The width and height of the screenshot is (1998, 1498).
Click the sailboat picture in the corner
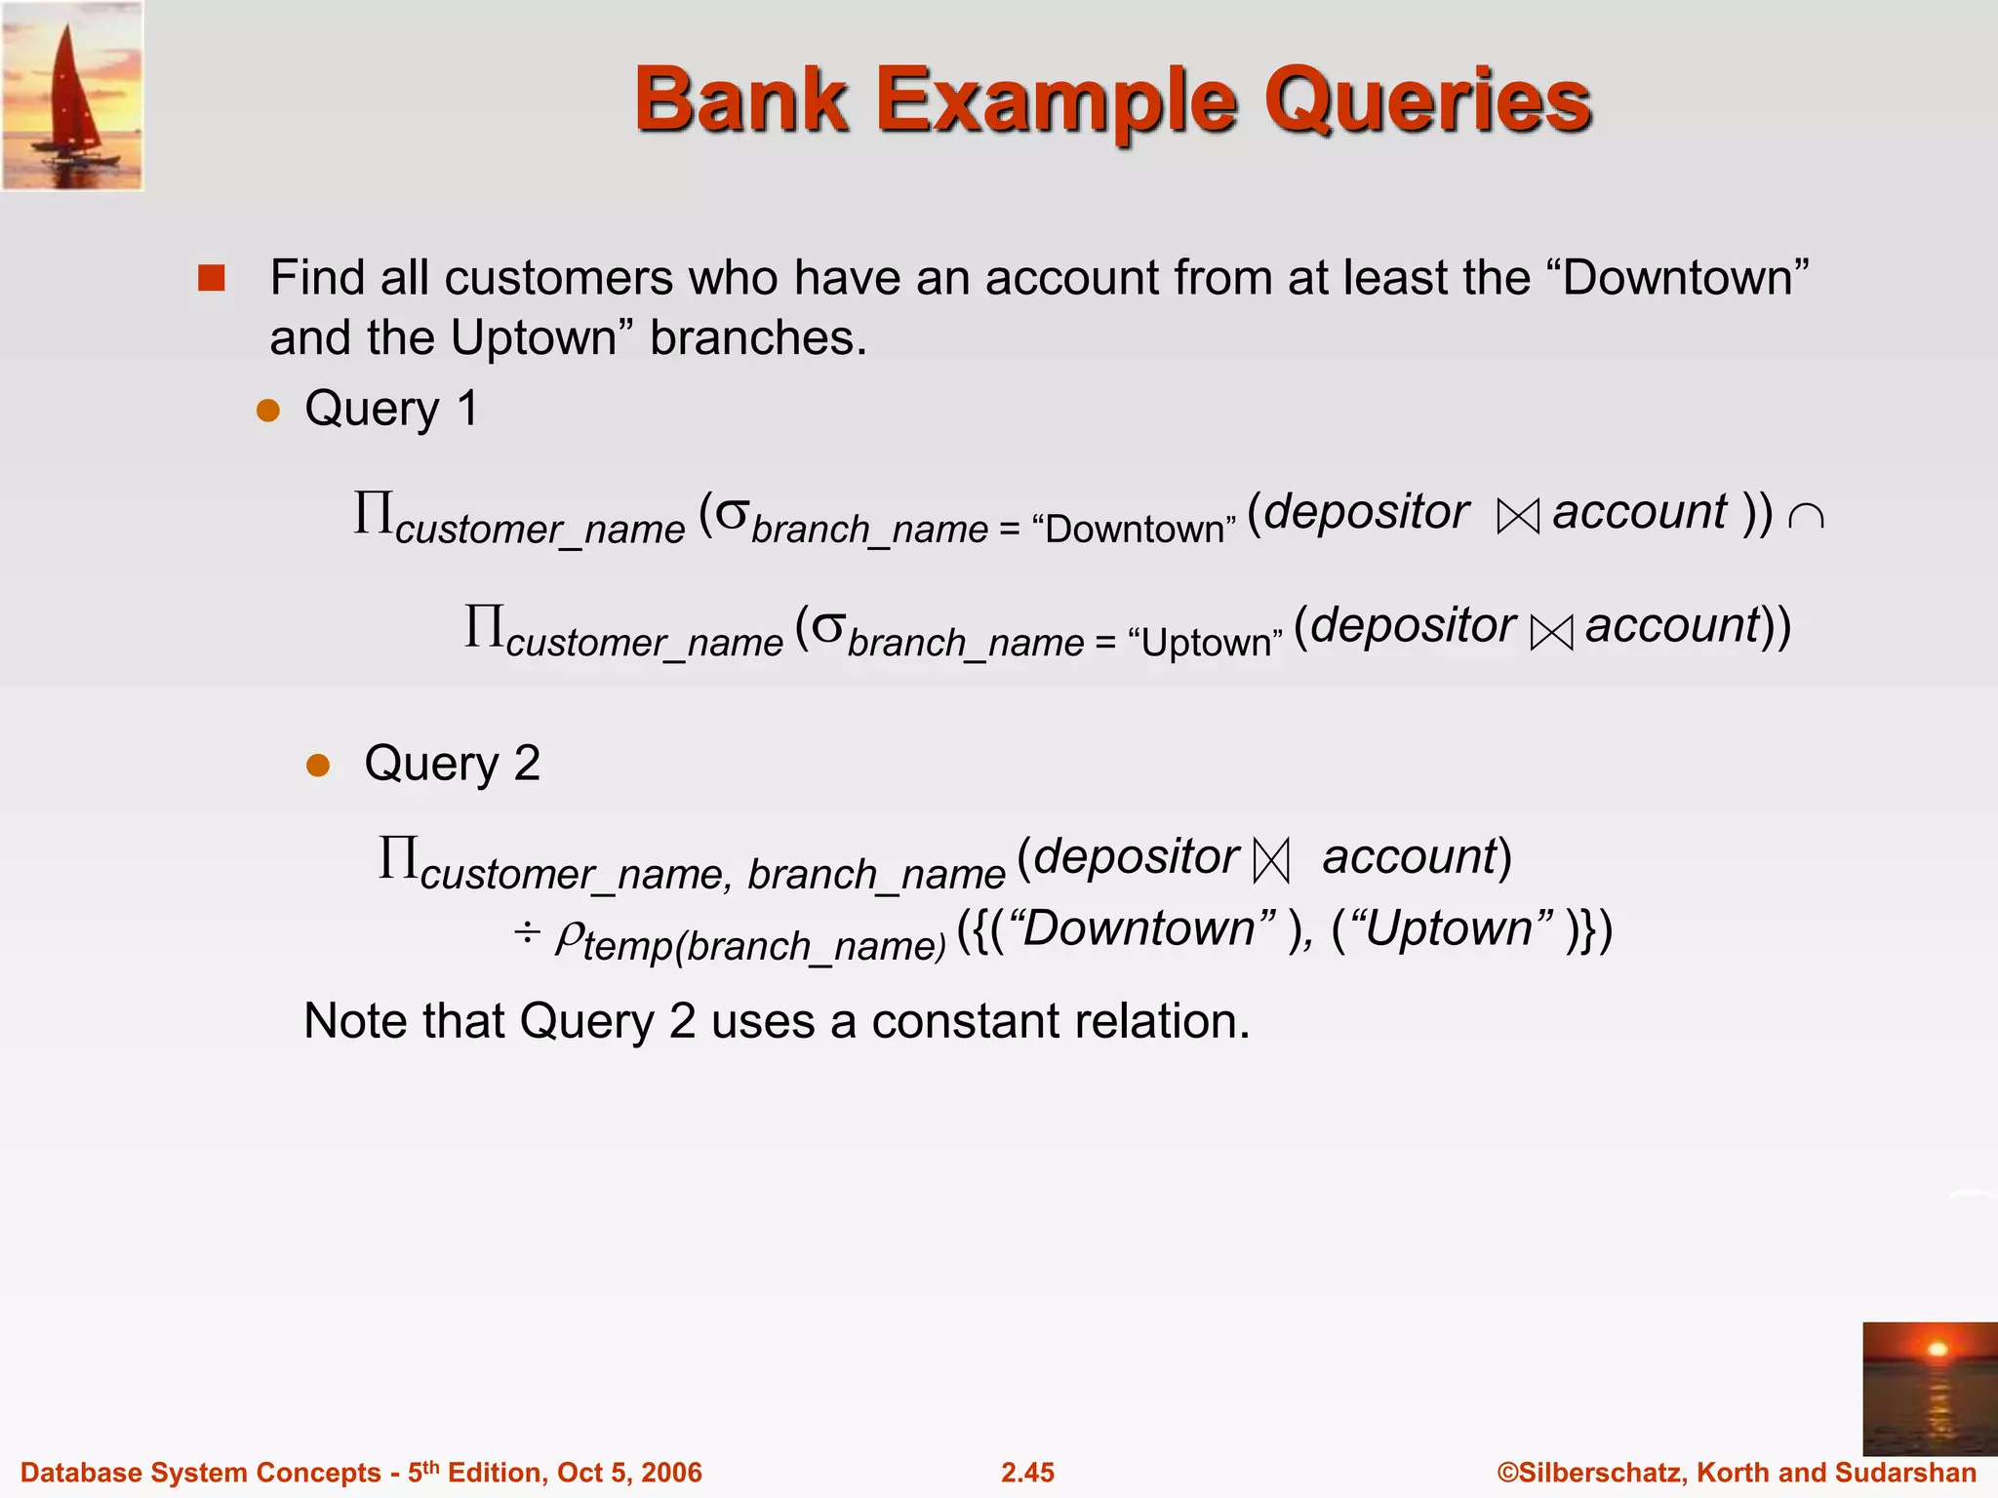tap(72, 96)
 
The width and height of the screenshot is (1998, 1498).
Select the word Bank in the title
tap(741, 100)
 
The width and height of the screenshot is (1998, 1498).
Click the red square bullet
tap(211, 279)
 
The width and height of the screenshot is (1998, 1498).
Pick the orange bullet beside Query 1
tap(267, 410)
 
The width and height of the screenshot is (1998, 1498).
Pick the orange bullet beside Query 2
tap(318, 765)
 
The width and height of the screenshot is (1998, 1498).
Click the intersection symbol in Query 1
tap(1806, 517)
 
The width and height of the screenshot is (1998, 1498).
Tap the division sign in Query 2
tap(527, 933)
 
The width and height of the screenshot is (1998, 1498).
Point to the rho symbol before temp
tap(569, 938)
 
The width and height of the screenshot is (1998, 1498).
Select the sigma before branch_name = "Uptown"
tap(827, 627)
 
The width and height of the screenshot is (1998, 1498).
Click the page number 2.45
tap(1027, 1473)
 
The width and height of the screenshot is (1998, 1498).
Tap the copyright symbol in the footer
tap(1508, 1473)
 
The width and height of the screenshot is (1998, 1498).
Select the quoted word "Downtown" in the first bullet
tap(1678, 278)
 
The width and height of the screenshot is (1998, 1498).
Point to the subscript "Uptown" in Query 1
tap(1205, 643)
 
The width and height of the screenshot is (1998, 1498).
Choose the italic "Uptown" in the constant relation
tap(1454, 928)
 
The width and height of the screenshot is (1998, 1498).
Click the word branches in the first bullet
tap(758, 338)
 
